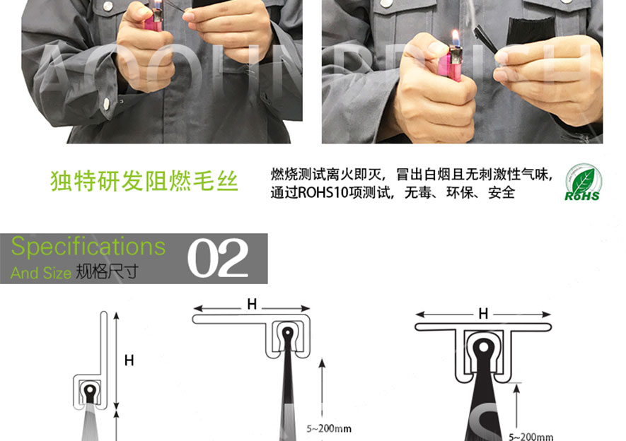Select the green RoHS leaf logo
(581, 183)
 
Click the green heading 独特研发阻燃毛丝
(144, 182)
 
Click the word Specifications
(88, 247)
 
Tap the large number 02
(218, 258)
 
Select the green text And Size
(41, 273)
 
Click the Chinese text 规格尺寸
(106, 272)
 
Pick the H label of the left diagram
(129, 360)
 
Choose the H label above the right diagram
(484, 313)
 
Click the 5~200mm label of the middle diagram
(329, 428)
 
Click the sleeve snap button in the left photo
(106, 105)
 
